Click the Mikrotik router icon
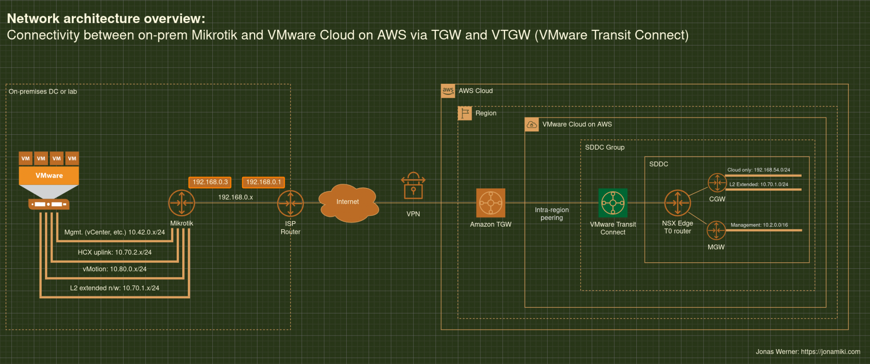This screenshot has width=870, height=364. tap(182, 203)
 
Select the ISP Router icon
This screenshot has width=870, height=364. tap(291, 203)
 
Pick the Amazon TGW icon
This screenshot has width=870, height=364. tap(491, 203)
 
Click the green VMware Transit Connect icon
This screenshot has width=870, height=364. tap(613, 203)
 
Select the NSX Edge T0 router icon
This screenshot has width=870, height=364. tap(678, 203)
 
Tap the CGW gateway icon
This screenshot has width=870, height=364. tap(717, 183)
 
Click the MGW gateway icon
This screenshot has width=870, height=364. tap(716, 230)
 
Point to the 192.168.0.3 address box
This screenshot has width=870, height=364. tap(210, 182)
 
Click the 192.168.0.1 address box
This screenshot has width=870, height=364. tap(263, 182)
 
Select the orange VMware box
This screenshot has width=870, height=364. tap(49, 175)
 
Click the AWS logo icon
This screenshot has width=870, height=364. tap(448, 91)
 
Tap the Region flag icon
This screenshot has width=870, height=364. tap(465, 113)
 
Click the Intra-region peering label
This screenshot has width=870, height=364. tap(551, 213)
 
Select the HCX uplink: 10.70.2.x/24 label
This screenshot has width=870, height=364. tap(115, 252)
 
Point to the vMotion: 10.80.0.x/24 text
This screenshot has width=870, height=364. tap(115, 269)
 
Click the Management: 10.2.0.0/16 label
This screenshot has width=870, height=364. tap(759, 225)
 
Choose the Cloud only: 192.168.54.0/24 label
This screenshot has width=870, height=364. tap(759, 170)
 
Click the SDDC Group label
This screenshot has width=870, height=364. tap(604, 147)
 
